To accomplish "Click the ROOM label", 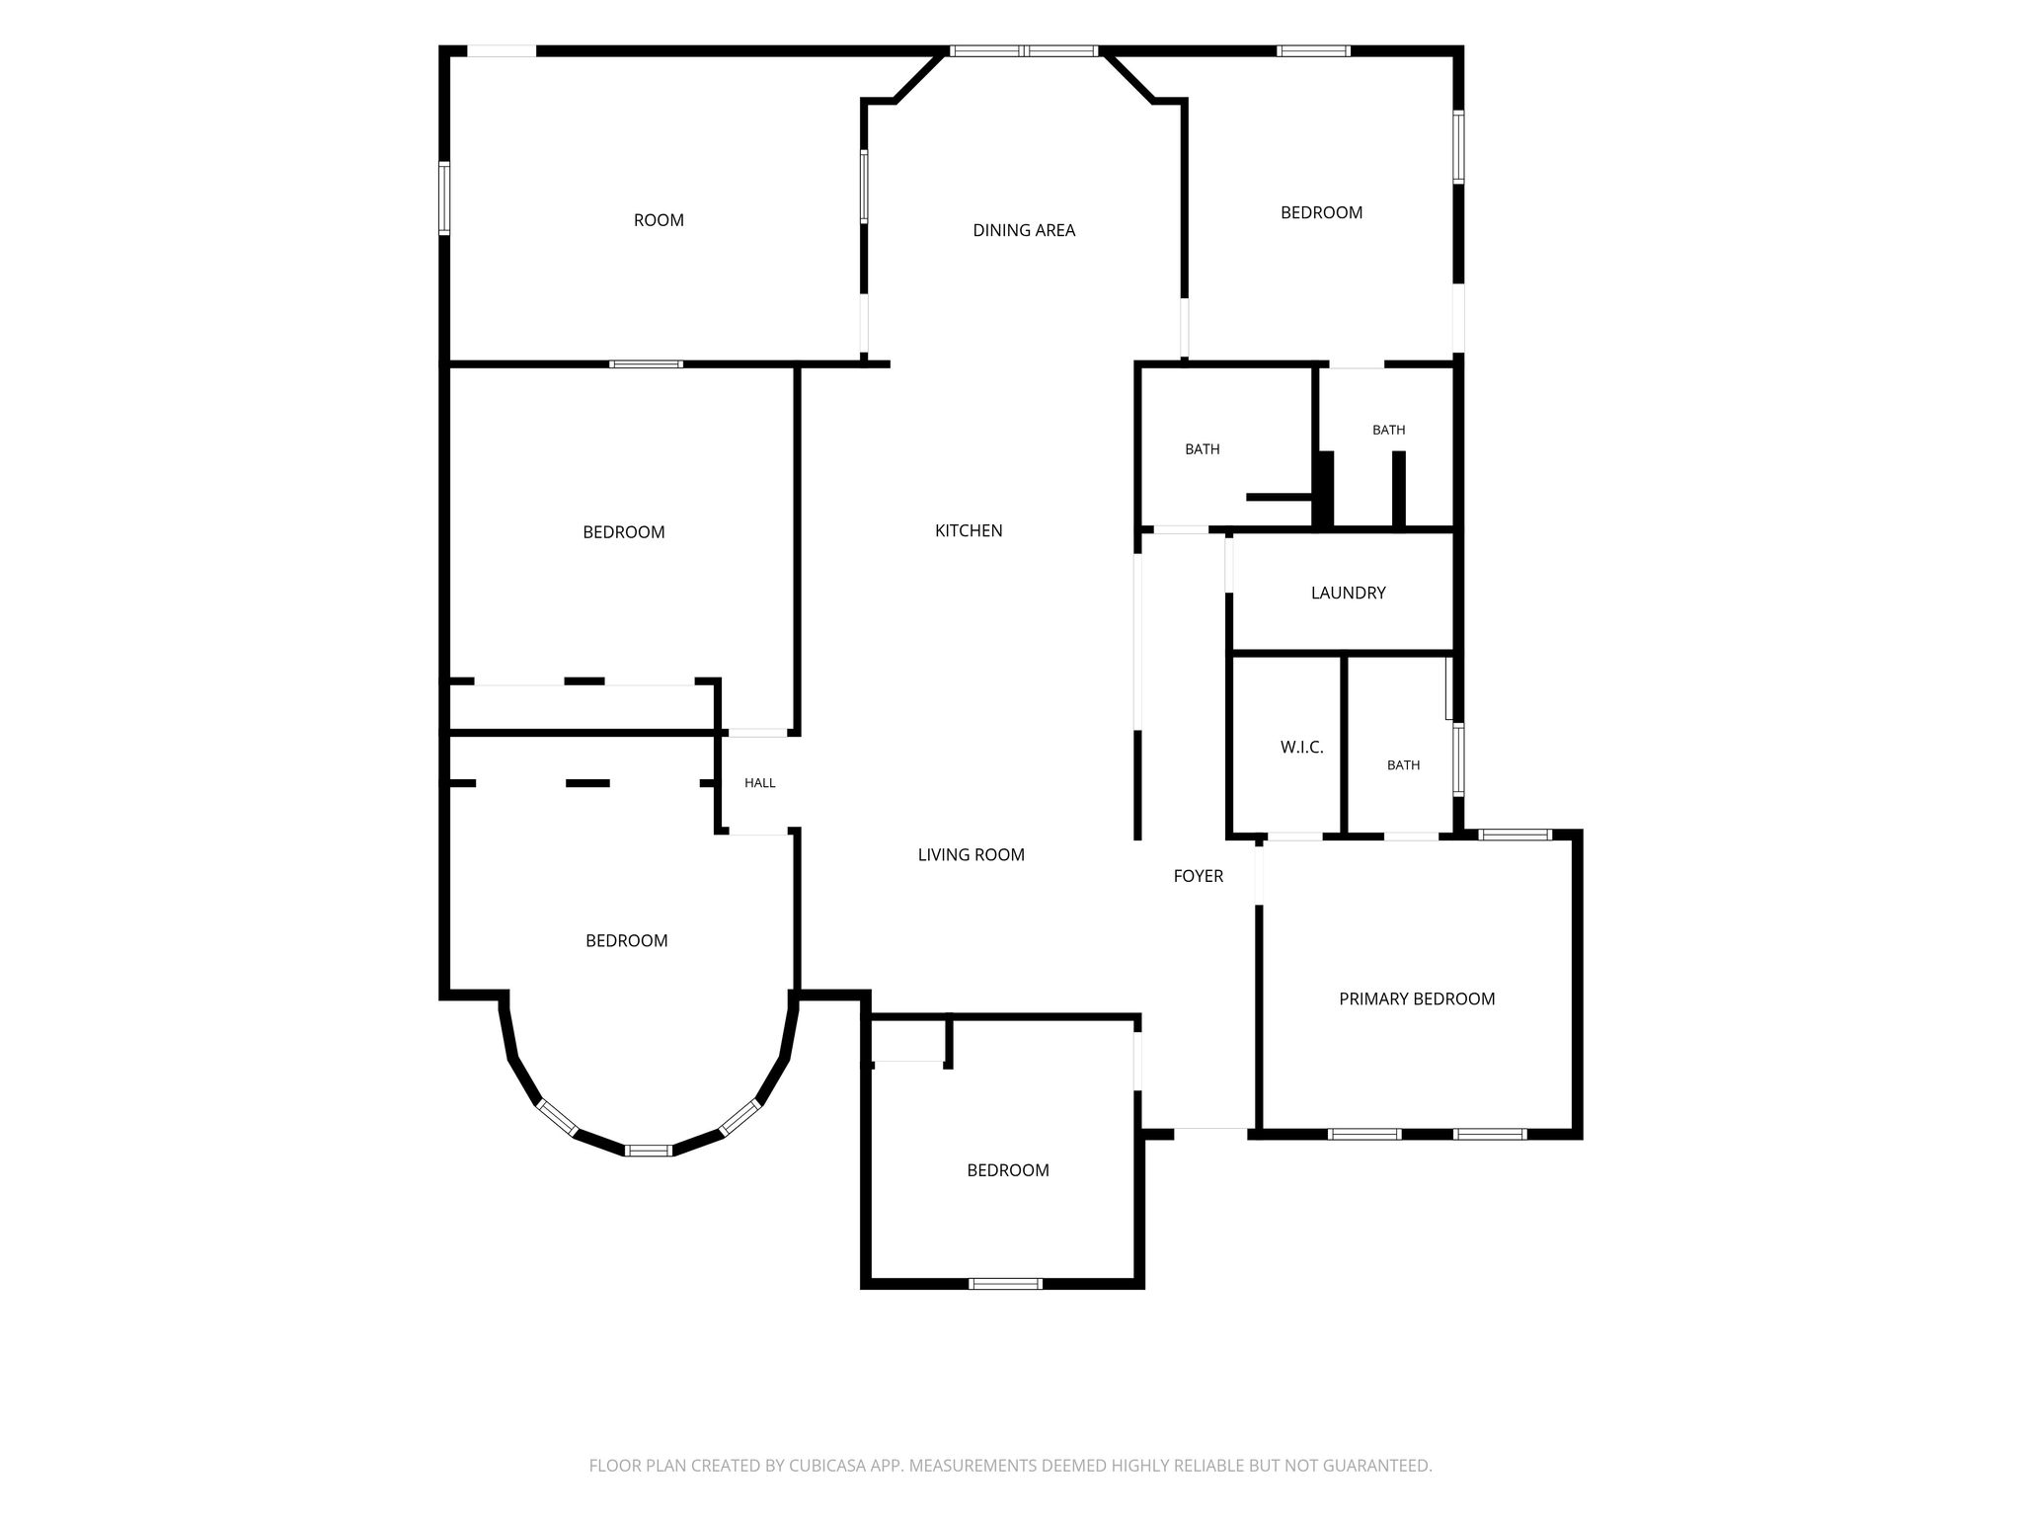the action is pos(659,220).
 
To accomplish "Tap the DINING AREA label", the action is pos(1024,230).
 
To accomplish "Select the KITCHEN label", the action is pos(969,530).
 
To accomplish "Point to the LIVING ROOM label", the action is pos(972,854).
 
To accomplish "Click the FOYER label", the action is pos(1199,876).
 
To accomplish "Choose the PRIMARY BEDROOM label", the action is pos(1417,998).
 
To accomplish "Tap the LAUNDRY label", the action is pos(1349,593).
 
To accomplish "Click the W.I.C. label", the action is pos(1302,748).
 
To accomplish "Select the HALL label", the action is pos(760,783).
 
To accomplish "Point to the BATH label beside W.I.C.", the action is pos(1404,765).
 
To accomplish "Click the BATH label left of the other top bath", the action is pos(1203,449).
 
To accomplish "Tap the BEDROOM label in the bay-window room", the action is pos(627,940).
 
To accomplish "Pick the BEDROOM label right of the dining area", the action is pos(1322,212).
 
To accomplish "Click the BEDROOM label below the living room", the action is pos(1008,1170).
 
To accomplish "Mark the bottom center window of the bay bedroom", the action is pos(649,1150).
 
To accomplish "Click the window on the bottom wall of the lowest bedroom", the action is pos(1005,1283).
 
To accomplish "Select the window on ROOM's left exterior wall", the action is pos(444,199).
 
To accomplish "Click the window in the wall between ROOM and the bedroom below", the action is pos(646,364).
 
